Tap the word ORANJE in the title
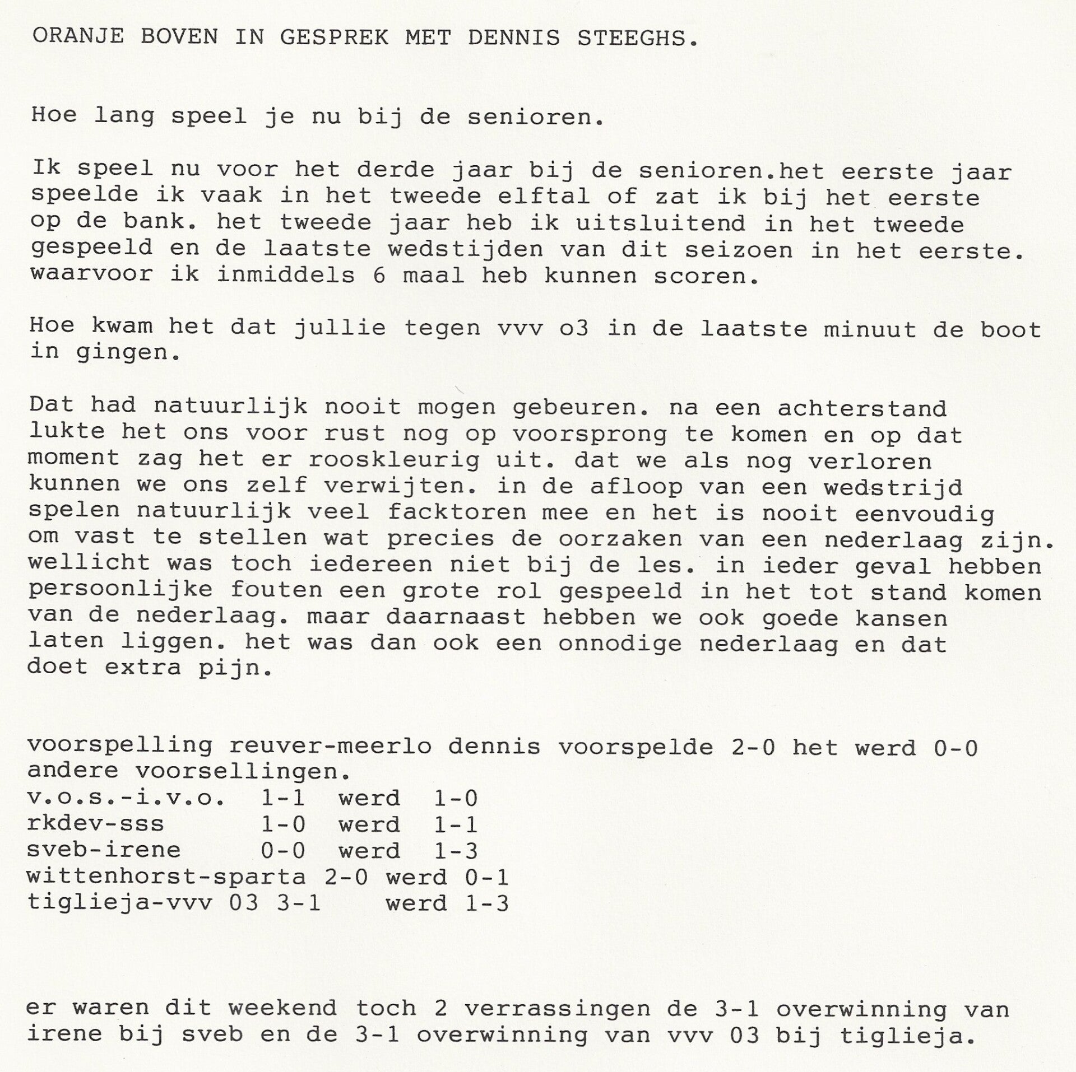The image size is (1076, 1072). click(x=77, y=37)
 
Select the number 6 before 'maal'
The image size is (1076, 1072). click(x=379, y=276)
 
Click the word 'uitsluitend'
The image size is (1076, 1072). click(x=660, y=223)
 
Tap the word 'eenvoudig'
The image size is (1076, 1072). click(x=925, y=513)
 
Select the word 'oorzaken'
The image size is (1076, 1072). click(x=620, y=539)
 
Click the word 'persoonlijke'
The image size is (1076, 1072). click(x=120, y=590)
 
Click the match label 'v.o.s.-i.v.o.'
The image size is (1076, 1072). click(x=126, y=799)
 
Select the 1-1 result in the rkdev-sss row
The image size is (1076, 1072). click(x=456, y=824)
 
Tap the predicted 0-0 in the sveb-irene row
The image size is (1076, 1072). click(x=283, y=850)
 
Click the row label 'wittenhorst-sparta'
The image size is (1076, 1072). click(x=166, y=877)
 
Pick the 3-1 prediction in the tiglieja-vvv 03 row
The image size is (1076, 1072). click(x=299, y=903)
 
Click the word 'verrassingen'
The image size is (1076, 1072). click(x=558, y=1009)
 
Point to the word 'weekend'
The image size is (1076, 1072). click(x=282, y=1008)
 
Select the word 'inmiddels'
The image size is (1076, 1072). click(x=286, y=276)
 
